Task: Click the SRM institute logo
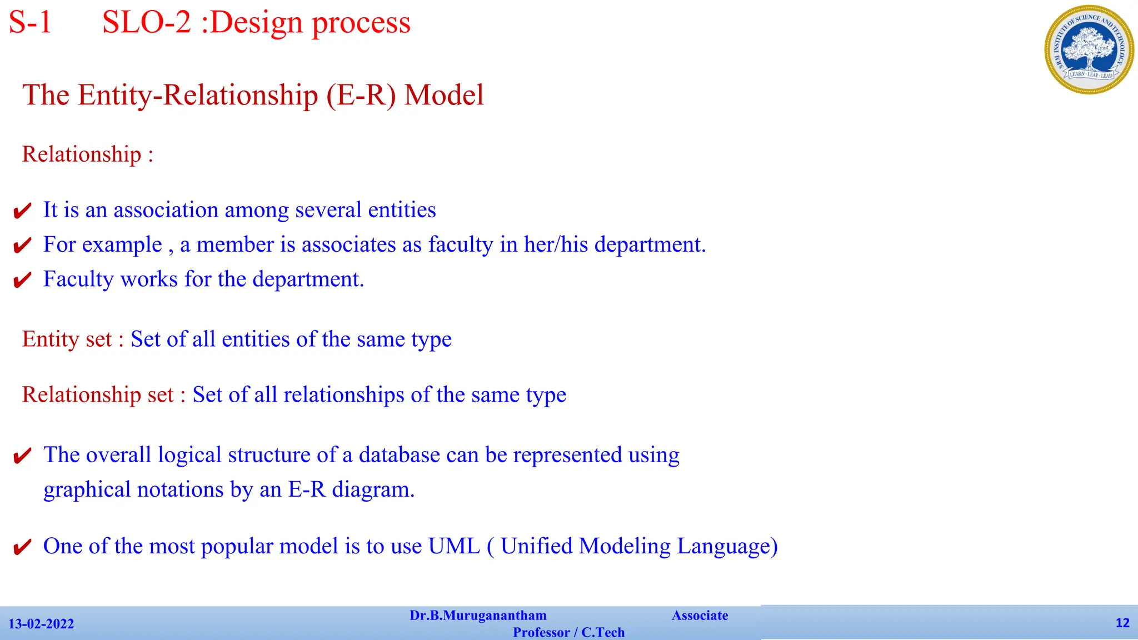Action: point(1089,49)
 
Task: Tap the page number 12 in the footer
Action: point(1122,623)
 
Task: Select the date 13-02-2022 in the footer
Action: point(41,624)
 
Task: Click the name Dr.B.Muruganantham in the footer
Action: point(478,616)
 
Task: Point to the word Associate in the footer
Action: point(700,616)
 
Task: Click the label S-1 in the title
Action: point(31,23)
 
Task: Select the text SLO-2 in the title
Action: point(147,23)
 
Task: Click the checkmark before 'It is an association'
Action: point(22,211)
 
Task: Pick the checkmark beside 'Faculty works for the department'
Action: point(22,281)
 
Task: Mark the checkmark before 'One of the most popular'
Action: point(22,548)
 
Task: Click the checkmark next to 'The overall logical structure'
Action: point(22,456)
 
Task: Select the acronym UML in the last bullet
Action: point(454,546)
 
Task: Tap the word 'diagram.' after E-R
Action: point(373,489)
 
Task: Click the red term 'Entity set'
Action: point(67,339)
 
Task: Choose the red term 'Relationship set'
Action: point(98,394)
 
